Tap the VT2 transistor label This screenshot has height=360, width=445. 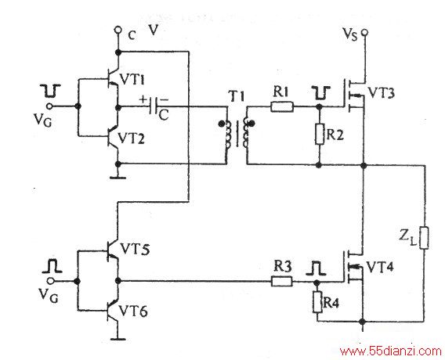click(x=131, y=139)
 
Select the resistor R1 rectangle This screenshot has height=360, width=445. click(x=282, y=107)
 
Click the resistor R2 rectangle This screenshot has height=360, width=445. click(x=320, y=134)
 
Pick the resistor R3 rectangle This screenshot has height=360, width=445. click(x=282, y=281)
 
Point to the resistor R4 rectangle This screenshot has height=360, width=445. click(x=317, y=302)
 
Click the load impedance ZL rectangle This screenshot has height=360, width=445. click(x=424, y=238)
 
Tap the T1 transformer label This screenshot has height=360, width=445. click(x=236, y=97)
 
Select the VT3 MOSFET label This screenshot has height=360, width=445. click(x=381, y=93)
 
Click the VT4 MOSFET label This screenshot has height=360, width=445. click(x=380, y=267)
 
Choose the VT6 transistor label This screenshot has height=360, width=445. click(x=133, y=311)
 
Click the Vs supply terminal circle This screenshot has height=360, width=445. click(x=364, y=33)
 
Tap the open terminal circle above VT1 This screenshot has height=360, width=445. click(x=118, y=29)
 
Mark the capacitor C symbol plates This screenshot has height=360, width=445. click(x=154, y=107)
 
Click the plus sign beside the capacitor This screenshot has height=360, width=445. click(x=143, y=99)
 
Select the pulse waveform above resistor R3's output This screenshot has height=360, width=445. click(x=316, y=268)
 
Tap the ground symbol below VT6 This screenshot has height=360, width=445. click(x=118, y=339)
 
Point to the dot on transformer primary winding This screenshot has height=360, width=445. click(x=221, y=124)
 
